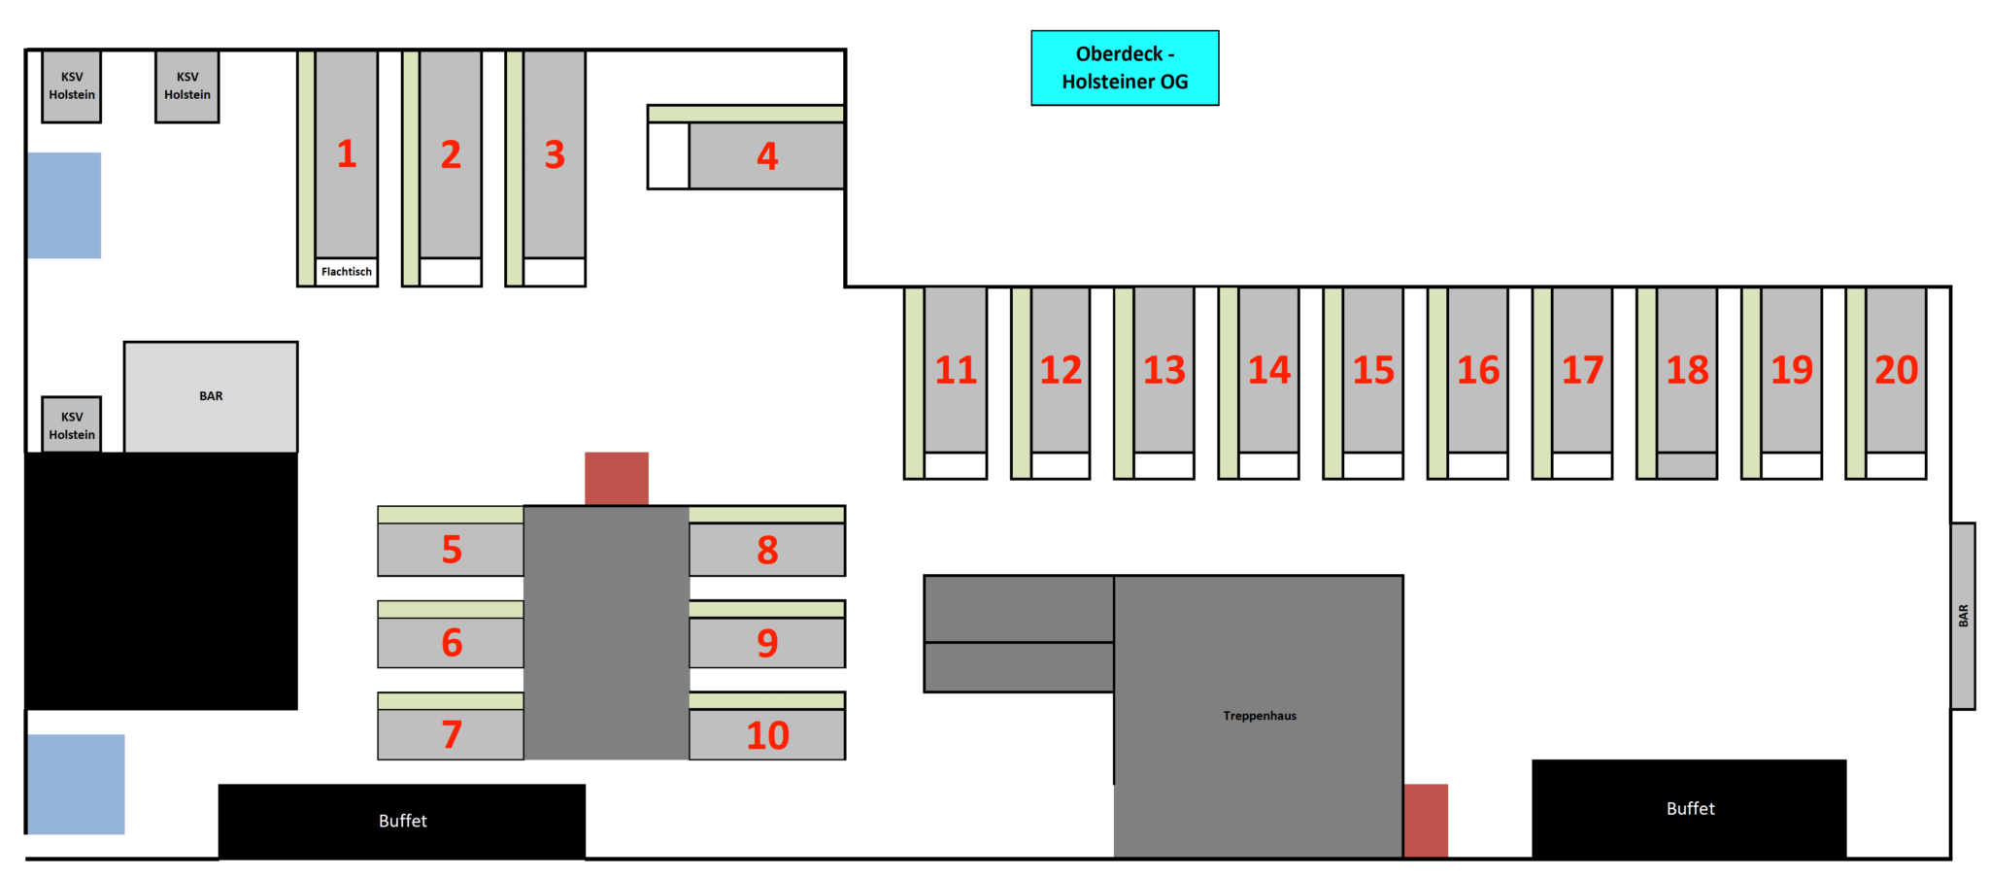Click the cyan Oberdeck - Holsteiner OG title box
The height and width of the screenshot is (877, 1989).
[1125, 68]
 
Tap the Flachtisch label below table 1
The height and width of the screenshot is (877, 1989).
[347, 272]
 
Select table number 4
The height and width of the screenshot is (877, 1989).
[766, 155]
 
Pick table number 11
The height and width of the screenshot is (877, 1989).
[956, 369]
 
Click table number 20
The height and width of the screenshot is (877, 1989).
[1896, 369]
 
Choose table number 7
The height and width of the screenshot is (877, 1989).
[451, 734]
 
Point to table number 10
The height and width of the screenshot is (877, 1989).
[767, 734]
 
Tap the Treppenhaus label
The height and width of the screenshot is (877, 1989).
[1260, 716]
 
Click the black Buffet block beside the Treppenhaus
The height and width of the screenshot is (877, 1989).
[1689, 809]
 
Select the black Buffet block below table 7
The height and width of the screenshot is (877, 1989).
[402, 822]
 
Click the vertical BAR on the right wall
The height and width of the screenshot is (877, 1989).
[1963, 616]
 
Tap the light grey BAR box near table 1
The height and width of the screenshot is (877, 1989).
[211, 396]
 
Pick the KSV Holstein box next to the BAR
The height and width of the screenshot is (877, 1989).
[72, 424]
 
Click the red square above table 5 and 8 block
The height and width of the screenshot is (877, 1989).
[617, 478]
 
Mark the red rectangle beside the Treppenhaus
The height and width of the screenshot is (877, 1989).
[1426, 821]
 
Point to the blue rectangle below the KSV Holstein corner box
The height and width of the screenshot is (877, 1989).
[64, 205]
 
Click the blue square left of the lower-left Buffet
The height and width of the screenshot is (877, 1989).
[76, 784]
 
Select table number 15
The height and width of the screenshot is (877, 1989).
[1373, 369]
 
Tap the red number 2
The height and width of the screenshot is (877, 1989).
[451, 154]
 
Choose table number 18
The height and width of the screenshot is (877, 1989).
[1687, 369]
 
